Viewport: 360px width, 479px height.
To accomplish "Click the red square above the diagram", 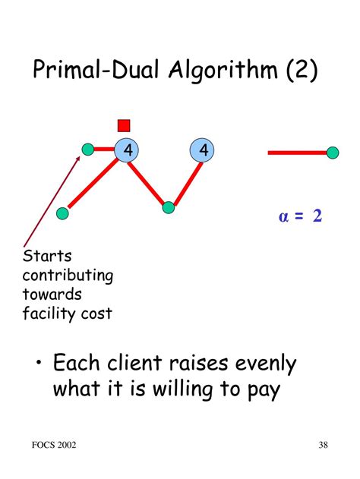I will pyautogui.click(x=125, y=125).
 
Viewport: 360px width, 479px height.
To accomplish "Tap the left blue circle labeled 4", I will pyautogui.click(x=127, y=151).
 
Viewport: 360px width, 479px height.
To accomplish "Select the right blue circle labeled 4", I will pyautogui.click(x=203, y=151).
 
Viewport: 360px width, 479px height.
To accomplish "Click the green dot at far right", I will pyautogui.click(x=332, y=153).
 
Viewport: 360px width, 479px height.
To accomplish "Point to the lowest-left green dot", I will pyautogui.click(x=63, y=213).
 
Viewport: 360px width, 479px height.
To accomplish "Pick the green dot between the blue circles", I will pyautogui.click(x=169, y=206).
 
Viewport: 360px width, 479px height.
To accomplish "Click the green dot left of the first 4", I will pyautogui.click(x=88, y=148).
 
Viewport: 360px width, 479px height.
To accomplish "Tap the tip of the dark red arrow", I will pyautogui.click(x=81, y=157).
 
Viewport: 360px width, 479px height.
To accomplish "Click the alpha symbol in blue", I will pyautogui.click(x=284, y=217).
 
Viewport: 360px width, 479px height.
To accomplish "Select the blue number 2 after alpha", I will pyautogui.click(x=317, y=216).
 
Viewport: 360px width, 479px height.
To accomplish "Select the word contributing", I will pyautogui.click(x=68, y=276).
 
